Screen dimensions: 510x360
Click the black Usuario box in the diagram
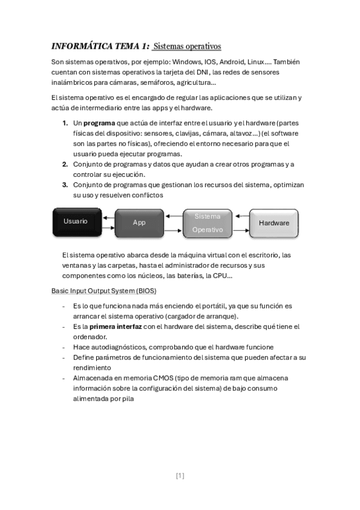[x=76, y=222]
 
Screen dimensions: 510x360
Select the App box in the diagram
[x=139, y=223]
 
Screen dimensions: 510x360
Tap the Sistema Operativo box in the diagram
[x=207, y=223]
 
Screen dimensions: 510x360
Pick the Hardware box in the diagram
[x=273, y=223]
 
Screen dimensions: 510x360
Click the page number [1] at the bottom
[x=180, y=476]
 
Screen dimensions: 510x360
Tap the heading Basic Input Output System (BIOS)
[x=103, y=290]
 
